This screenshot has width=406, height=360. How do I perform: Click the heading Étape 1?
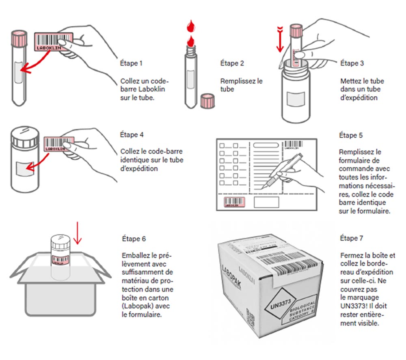point(132,63)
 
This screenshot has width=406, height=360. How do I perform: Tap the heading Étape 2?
point(232,63)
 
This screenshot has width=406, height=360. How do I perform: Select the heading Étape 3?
point(352,63)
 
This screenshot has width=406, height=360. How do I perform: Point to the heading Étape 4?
point(132,134)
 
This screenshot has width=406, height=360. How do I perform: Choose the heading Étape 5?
point(351,135)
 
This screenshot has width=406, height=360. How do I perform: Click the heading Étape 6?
point(134,238)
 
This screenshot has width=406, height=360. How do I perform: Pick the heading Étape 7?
point(352,239)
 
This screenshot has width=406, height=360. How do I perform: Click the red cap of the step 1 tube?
point(19,36)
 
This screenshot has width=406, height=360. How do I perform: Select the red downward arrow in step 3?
point(279,41)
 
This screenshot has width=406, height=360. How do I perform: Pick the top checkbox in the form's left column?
point(222,145)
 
